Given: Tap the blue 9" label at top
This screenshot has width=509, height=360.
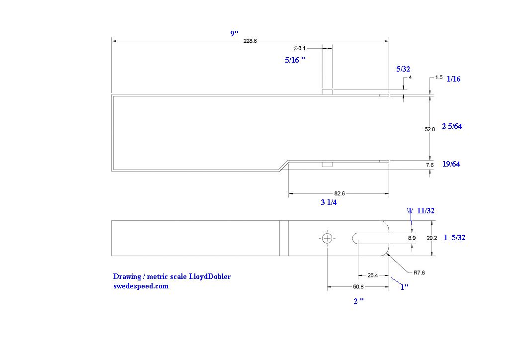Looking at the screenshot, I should [x=235, y=33].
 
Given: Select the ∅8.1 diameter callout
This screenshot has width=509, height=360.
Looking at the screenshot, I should [x=300, y=48].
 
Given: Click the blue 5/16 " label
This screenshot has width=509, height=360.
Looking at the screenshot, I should [x=295, y=60].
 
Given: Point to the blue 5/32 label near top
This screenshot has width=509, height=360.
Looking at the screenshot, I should [x=403, y=69].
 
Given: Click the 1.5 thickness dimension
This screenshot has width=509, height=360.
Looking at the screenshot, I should [x=439, y=78].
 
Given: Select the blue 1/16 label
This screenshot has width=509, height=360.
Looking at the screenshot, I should [x=454, y=79].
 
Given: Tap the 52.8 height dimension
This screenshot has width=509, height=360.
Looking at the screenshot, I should [x=430, y=129].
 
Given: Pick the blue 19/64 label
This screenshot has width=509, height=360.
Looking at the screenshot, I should [x=451, y=164].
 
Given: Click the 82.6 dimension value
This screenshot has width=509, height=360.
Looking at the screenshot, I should [x=339, y=193].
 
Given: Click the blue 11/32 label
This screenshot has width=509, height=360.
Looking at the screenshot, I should [x=425, y=211].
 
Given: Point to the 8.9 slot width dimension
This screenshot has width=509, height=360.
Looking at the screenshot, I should [x=412, y=238].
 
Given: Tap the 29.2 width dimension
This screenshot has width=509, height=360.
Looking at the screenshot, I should [x=432, y=238].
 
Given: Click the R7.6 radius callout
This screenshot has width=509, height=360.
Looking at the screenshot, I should [x=419, y=272].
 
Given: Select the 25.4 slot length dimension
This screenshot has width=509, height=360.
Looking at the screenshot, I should [x=372, y=275].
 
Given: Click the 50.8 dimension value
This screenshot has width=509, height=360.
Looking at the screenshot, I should [x=357, y=287].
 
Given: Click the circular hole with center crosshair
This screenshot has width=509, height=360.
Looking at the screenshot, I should [x=327, y=238].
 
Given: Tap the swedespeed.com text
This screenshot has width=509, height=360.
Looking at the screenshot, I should [x=141, y=286].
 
